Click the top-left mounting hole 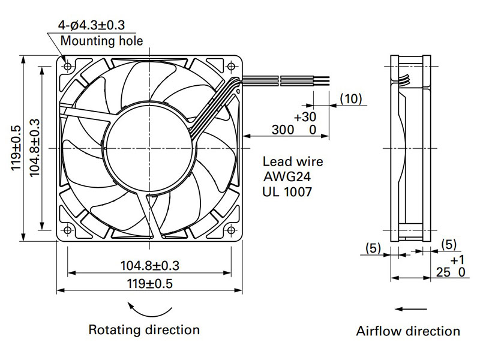[67, 66]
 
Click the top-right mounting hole [232, 66]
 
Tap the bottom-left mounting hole [67, 230]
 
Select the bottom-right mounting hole [232, 230]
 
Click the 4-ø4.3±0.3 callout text [92, 25]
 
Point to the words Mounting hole [101, 41]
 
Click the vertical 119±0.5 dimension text [16, 148]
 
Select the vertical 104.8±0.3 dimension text [35, 148]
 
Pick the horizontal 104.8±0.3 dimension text [149, 265]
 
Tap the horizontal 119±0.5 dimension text [149, 284]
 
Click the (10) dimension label [351, 98]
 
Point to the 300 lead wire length [283, 130]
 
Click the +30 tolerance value [305, 116]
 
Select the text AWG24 [287, 176]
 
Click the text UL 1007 [287, 192]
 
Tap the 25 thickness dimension [443, 272]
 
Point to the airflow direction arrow [411, 309]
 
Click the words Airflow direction [408, 331]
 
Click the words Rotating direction [144, 329]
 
